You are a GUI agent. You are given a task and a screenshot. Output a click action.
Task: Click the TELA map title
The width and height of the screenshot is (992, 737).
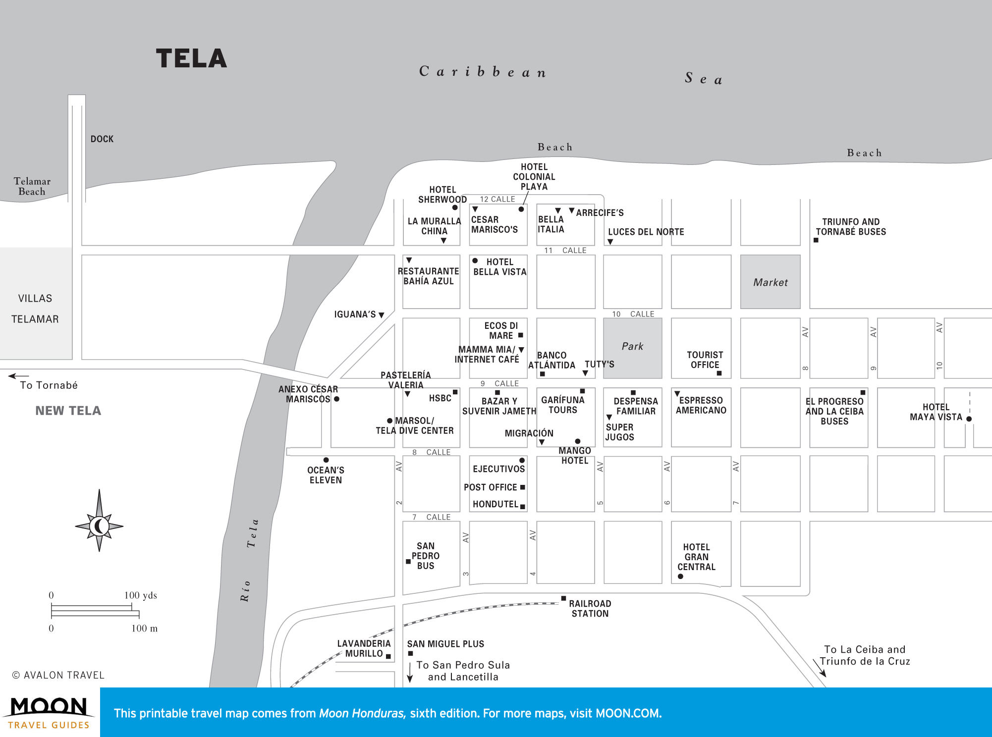coord(191,58)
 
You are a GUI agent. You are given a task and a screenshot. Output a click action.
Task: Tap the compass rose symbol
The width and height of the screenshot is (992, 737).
coord(99,526)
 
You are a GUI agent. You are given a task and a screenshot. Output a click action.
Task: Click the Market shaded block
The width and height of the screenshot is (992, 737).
coord(770,282)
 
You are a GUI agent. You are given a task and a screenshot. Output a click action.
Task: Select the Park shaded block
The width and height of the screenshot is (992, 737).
coord(632,347)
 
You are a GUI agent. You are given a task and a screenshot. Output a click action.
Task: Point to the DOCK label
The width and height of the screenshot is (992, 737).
coord(102,139)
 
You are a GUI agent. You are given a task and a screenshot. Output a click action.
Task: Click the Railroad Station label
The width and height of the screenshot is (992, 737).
coord(590,609)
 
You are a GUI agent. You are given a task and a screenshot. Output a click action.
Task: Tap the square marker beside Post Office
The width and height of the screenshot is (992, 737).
coord(523,487)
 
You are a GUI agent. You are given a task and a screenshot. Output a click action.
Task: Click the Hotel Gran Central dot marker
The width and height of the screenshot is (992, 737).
coord(680,577)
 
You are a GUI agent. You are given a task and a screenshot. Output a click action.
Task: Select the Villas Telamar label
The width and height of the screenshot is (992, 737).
coord(35,309)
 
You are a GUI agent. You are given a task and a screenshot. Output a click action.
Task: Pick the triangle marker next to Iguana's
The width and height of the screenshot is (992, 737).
coord(382,315)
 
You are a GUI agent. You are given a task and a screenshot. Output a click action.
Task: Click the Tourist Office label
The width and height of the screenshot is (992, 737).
coord(705,360)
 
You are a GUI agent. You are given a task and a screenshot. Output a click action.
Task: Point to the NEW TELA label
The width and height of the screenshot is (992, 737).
coord(68,411)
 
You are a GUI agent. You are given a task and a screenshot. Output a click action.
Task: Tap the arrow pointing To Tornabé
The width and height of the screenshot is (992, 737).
coord(18,376)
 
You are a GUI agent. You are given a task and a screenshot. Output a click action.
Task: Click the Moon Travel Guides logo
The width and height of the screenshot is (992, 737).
coord(49,712)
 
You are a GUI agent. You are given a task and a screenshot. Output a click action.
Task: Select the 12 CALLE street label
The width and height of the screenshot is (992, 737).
coord(497,199)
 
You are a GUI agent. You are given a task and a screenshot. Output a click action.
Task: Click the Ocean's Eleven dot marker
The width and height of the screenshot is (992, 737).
coord(326,460)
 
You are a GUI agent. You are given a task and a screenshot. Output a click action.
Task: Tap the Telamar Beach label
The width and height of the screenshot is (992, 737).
coord(32,187)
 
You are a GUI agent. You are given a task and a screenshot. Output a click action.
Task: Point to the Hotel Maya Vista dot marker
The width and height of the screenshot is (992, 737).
coord(969,419)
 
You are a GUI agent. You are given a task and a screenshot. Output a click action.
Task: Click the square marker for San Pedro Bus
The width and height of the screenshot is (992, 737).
coord(408,562)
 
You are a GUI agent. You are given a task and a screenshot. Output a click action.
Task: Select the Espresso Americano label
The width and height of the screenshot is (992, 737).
coord(701,405)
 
